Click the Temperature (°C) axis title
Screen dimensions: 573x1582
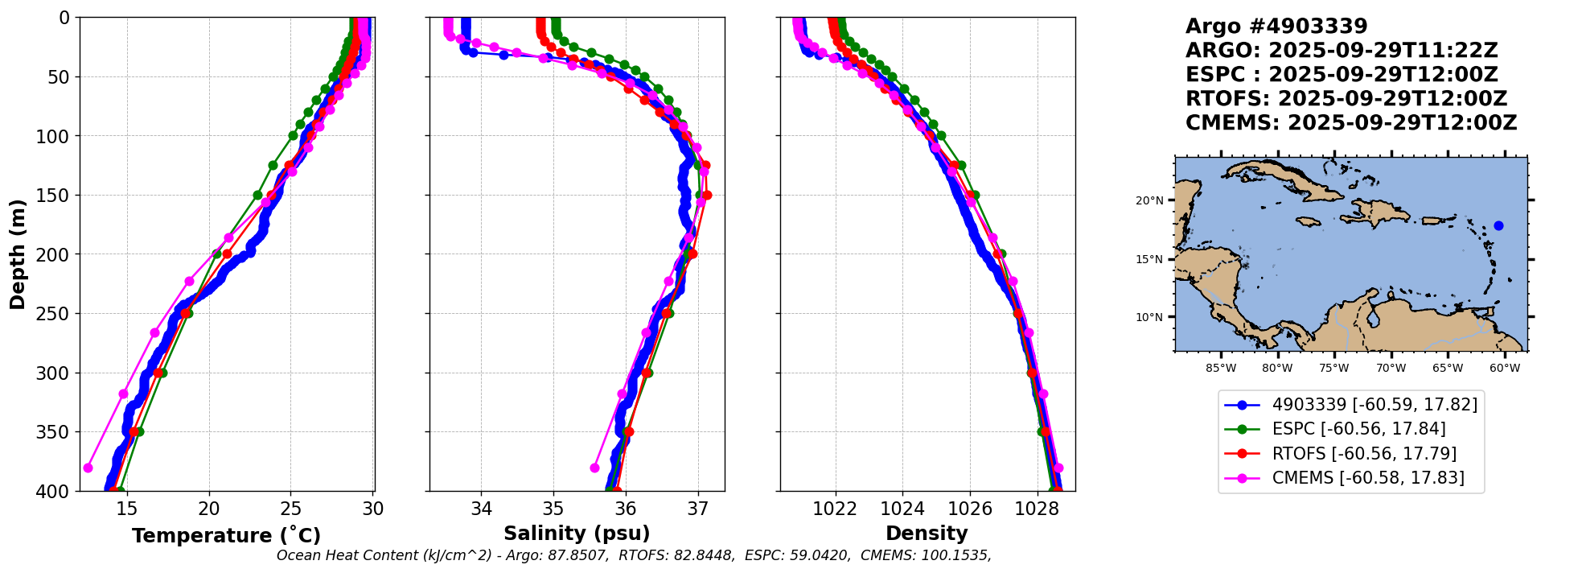(x=226, y=535)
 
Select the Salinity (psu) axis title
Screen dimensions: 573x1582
(x=577, y=534)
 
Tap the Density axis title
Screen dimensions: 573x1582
(x=927, y=534)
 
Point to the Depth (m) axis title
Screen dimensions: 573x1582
(x=18, y=254)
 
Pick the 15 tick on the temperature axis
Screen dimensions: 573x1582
(x=127, y=509)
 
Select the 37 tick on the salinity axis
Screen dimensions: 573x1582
(x=697, y=509)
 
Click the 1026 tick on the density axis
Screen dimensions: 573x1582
(x=969, y=509)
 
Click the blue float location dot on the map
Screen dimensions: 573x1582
(x=1498, y=225)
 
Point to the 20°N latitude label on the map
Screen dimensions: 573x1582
(x=1149, y=200)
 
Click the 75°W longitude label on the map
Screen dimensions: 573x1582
(x=1333, y=369)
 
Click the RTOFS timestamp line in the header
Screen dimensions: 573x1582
(x=1346, y=99)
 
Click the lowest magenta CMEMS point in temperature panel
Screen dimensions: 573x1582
(x=88, y=468)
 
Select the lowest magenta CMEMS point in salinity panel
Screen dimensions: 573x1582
(x=594, y=468)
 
